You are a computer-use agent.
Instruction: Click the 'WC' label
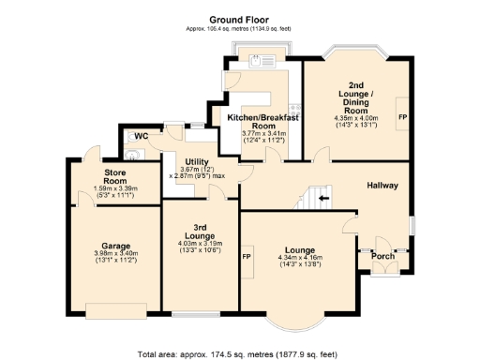(142, 137)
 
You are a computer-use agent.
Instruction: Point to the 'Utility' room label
(197, 161)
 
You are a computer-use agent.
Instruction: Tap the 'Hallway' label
(382, 186)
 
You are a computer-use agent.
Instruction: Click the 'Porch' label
(383, 255)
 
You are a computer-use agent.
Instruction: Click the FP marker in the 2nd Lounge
(402, 117)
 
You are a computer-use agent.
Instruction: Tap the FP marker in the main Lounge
(247, 256)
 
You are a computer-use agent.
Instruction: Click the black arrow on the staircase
(325, 199)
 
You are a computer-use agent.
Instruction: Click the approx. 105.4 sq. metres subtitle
(239, 29)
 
